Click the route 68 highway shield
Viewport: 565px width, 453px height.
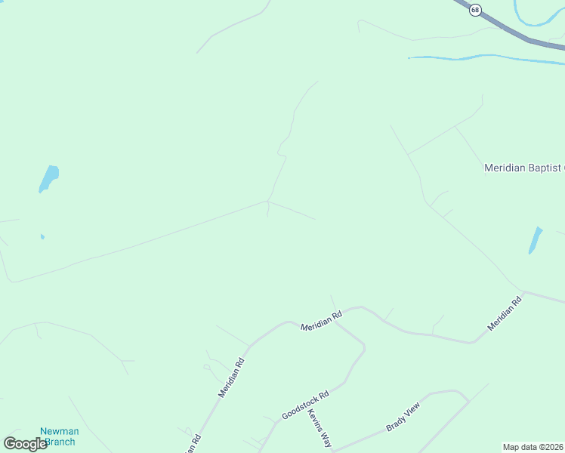pyautogui.click(x=474, y=10)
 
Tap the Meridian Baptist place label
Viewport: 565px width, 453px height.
pyautogui.click(x=524, y=168)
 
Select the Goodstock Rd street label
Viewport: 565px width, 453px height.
pyautogui.click(x=305, y=405)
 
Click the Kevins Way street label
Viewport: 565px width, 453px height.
pyautogui.click(x=320, y=429)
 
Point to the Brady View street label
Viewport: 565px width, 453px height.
pyautogui.click(x=403, y=417)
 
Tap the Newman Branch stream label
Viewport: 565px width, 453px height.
pyautogui.click(x=59, y=436)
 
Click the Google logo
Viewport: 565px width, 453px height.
pyautogui.click(x=25, y=443)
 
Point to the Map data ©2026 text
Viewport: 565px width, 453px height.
pyautogui.click(x=533, y=447)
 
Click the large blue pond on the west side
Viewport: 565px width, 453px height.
pyautogui.click(x=48, y=178)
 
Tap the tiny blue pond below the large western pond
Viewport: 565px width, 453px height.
pyautogui.click(x=42, y=237)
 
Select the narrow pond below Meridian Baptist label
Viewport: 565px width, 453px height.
pyautogui.click(x=536, y=240)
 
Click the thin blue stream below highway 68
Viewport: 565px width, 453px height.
pyautogui.click(x=483, y=57)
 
